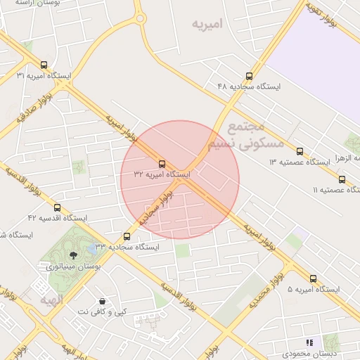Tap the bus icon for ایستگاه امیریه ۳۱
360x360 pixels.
(x=44, y=65)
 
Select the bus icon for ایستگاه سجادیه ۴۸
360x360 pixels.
(x=249, y=76)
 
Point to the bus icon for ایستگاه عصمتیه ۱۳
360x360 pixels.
(x=300, y=151)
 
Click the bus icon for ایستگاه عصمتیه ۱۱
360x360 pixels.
(x=342, y=179)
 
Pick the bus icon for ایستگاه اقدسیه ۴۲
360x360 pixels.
(x=57, y=207)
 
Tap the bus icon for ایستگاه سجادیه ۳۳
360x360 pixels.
(x=127, y=237)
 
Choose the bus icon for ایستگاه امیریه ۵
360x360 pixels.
(x=313, y=278)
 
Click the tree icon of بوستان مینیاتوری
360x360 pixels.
(x=74, y=256)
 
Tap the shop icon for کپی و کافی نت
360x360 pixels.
(x=103, y=301)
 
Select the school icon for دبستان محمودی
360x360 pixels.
(x=309, y=342)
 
